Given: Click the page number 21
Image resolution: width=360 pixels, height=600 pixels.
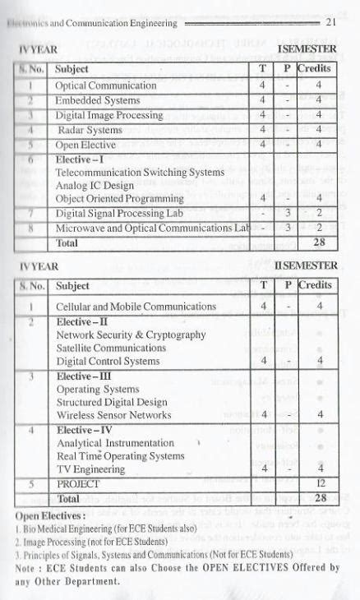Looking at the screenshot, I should coord(332,22).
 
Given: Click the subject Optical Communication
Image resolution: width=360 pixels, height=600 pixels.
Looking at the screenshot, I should coord(105,85).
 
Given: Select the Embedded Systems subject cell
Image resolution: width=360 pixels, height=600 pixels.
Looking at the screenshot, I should coord(97,99).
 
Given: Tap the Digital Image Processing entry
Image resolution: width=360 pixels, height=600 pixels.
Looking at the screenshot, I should coord(108,115).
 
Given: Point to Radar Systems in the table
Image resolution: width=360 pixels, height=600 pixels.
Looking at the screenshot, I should coord(89,130).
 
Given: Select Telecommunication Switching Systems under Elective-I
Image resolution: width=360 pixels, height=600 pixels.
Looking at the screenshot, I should coord(140,173).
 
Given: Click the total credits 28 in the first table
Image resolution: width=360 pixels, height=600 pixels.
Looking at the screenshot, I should coord(319,243).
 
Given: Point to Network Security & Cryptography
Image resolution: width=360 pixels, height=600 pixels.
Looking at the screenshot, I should coord(131,335).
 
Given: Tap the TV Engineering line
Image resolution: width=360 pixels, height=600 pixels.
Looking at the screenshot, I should coord(91,469).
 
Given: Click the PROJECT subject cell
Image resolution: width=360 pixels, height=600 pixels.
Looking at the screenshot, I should coord(77,484).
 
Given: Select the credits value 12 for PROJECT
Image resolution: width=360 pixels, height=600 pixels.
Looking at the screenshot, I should coord(321,484).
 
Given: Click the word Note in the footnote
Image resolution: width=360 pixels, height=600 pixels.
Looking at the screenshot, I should coord(28,567).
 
